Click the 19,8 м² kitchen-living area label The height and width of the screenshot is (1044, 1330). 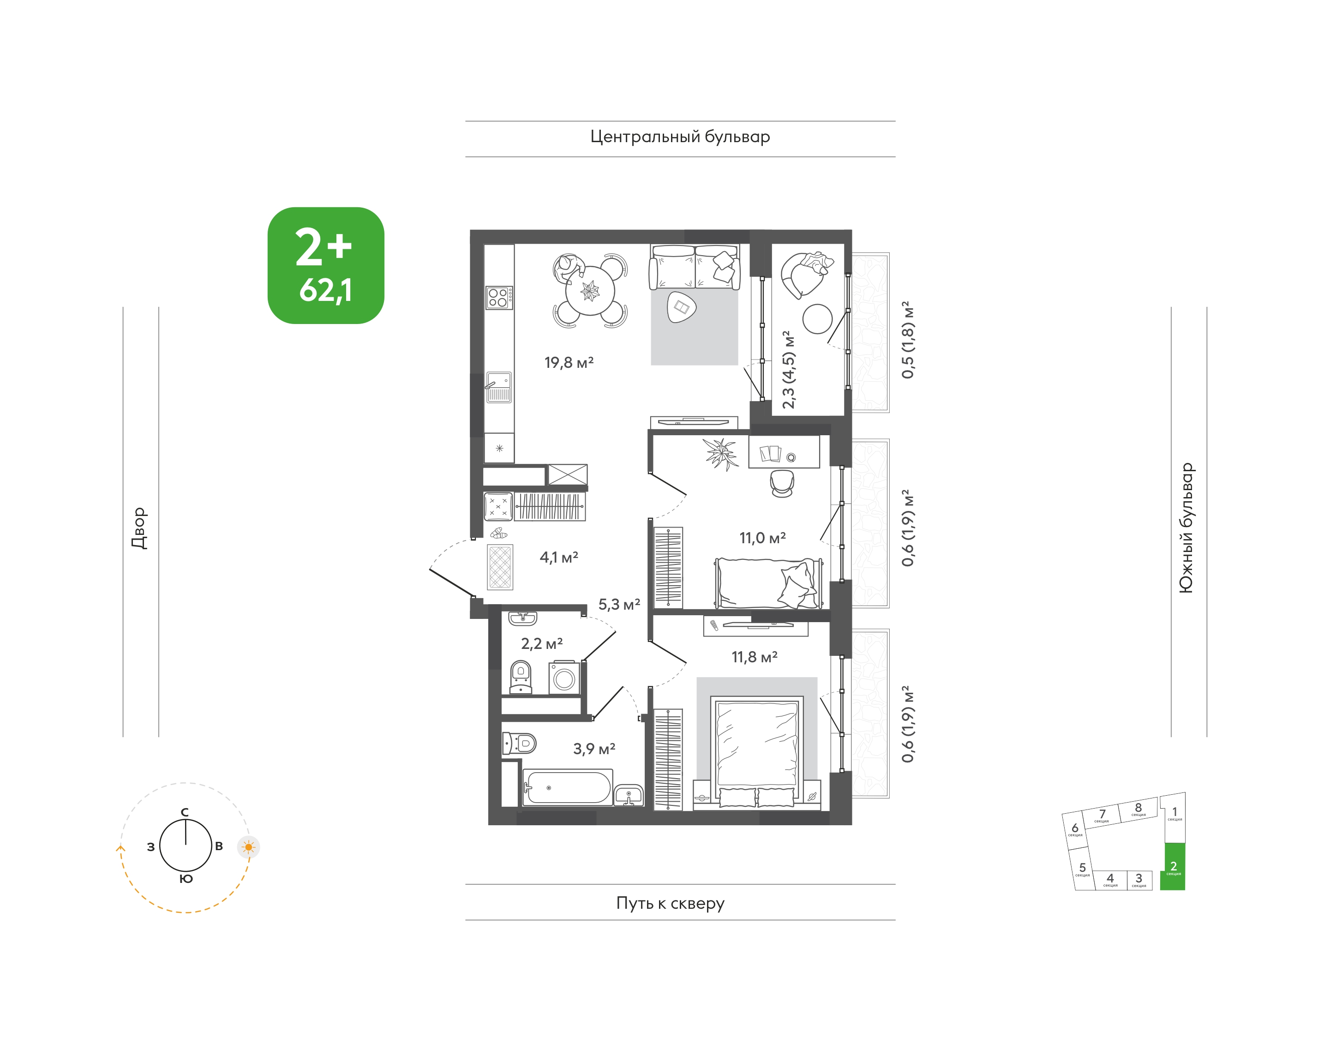tap(569, 362)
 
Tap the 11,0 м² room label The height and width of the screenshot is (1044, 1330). tap(762, 538)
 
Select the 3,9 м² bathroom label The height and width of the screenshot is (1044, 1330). tap(594, 749)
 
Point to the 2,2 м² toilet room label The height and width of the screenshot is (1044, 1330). tap(541, 644)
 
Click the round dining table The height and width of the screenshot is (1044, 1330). tap(590, 291)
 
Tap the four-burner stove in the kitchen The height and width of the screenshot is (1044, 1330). tap(499, 298)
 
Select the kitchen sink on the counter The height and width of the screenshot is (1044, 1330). tap(499, 387)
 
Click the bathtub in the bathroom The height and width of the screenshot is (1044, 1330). tap(568, 786)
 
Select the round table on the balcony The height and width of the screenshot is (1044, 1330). tap(817, 319)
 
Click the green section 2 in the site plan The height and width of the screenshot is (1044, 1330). tap(1172, 866)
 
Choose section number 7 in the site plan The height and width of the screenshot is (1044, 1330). tap(1102, 814)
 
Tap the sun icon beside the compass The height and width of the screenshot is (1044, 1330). tap(248, 847)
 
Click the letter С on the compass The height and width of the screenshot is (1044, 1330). tap(185, 812)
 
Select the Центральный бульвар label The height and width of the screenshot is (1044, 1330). tap(680, 137)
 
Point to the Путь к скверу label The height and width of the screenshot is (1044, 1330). tap(671, 903)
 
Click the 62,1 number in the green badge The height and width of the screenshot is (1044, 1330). tap(325, 290)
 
